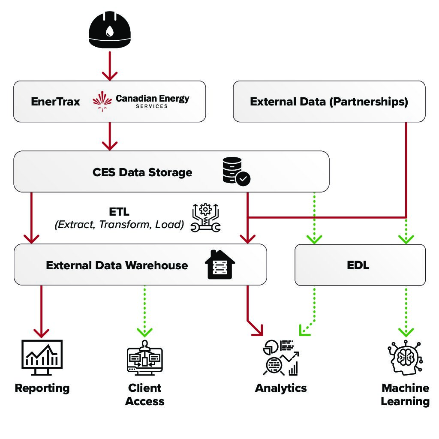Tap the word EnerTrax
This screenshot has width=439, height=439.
(55, 102)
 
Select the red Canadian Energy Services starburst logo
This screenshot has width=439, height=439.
(103, 101)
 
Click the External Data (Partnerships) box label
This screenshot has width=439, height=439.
(329, 102)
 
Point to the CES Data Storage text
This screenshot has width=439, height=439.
(142, 172)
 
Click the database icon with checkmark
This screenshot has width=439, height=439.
(237, 171)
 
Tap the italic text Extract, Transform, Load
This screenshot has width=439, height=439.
(119, 224)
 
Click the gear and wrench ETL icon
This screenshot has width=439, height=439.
(206, 218)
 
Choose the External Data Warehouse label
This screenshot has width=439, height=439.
(117, 265)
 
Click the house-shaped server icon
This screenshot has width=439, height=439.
(219, 264)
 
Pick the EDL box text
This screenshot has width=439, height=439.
(358, 265)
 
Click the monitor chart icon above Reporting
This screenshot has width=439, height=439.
(42, 355)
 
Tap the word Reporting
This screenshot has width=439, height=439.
(42, 388)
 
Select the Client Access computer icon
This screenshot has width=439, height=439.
(144, 358)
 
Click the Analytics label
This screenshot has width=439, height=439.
(281, 388)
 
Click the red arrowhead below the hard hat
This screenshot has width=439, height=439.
(110, 75)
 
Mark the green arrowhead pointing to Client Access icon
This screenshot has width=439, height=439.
(144, 331)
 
